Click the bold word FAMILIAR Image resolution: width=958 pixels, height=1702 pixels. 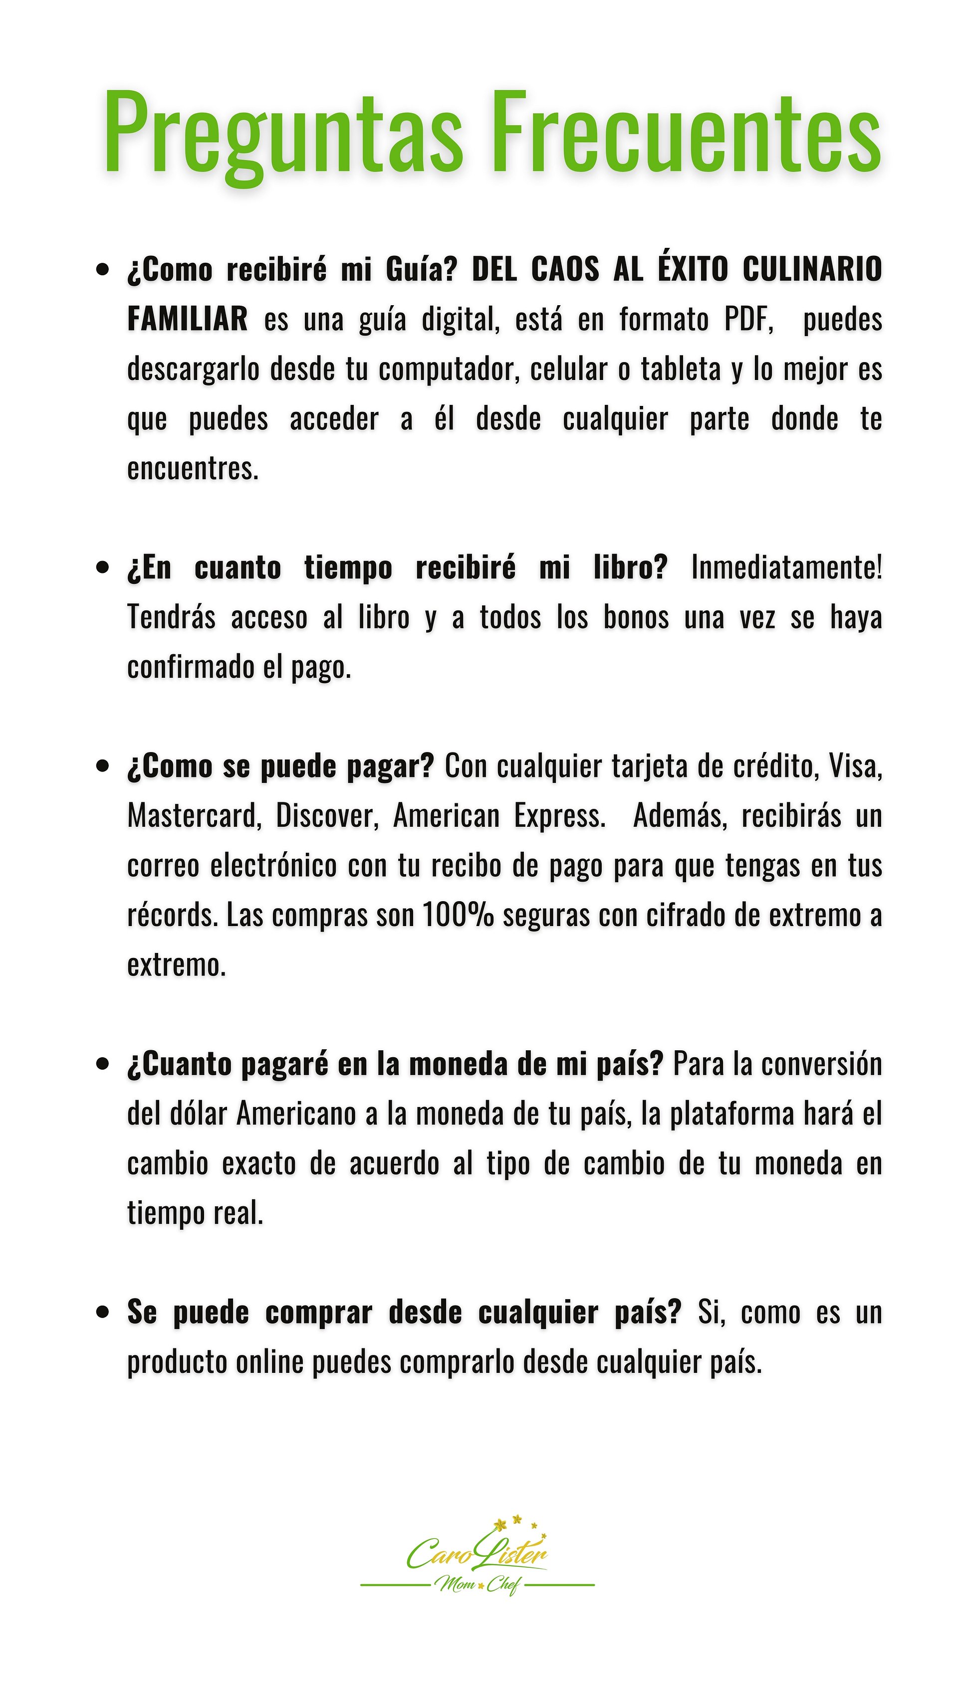pyautogui.click(x=187, y=320)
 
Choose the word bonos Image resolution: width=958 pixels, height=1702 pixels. pyautogui.click(x=636, y=618)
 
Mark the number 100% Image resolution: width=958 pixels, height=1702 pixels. pyautogui.click(x=458, y=916)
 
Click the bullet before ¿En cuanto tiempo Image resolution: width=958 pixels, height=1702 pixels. pyautogui.click(x=102, y=568)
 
